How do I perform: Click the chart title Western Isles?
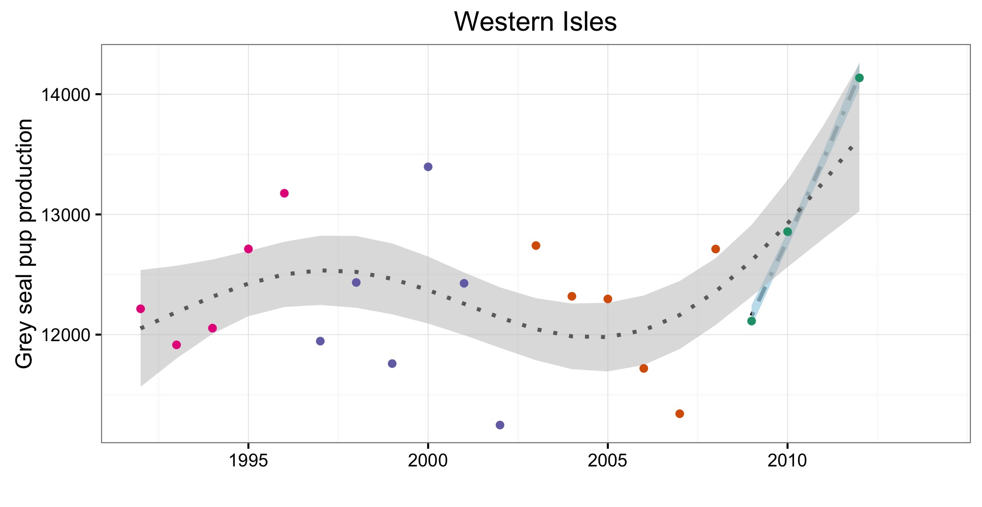[x=535, y=22]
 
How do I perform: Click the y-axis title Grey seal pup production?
[x=24, y=243]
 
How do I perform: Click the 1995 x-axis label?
[x=248, y=461]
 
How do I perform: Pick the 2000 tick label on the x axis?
[x=428, y=461]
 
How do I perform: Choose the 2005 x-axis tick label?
[x=607, y=461]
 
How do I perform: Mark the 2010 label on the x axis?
[x=787, y=461]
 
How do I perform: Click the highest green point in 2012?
[x=859, y=78]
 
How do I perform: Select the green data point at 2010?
[x=787, y=232]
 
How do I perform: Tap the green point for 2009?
[x=751, y=321]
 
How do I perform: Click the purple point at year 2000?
[x=428, y=167]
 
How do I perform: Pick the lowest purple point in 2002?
[x=500, y=425]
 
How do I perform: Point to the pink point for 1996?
[x=284, y=193]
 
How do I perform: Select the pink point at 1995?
[x=248, y=249]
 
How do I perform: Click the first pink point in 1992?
[x=140, y=309]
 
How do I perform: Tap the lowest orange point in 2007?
[x=680, y=414]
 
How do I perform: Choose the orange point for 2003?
[x=535, y=246]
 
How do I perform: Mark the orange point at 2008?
[x=715, y=249]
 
